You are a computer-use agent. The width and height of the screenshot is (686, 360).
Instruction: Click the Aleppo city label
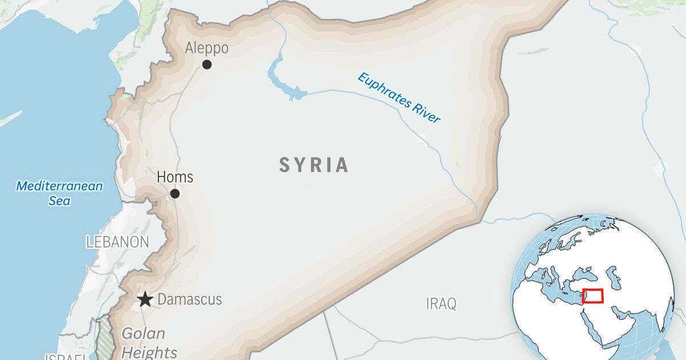206,49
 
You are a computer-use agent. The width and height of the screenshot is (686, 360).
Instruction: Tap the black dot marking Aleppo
207,65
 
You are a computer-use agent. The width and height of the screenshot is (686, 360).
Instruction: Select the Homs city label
175,177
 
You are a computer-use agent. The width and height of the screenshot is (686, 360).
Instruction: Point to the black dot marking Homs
175,194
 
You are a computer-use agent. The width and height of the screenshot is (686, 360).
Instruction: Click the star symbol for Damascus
145,299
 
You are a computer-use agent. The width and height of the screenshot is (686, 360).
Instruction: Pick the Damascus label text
189,299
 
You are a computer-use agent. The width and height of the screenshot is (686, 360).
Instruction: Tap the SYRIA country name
314,165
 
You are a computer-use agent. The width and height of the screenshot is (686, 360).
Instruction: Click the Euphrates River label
399,98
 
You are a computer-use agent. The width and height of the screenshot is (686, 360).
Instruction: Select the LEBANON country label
118,242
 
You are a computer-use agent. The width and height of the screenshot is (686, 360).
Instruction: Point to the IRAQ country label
441,303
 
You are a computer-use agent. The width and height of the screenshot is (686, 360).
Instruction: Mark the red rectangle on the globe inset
593,296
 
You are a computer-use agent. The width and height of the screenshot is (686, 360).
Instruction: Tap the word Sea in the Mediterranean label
59,201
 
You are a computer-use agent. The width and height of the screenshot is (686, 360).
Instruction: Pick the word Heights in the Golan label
149,352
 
